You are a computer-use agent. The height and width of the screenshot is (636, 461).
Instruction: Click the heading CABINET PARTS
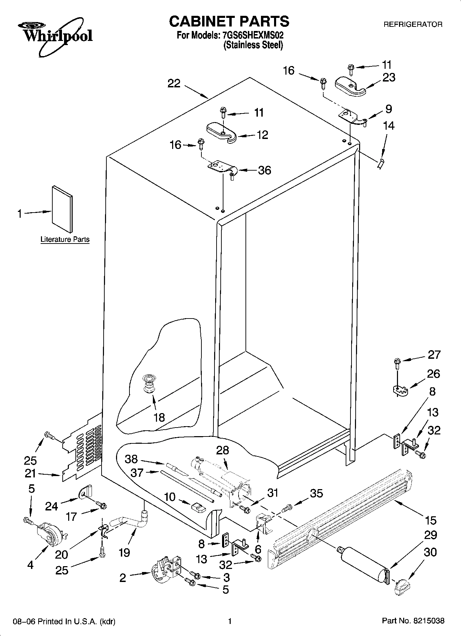229,21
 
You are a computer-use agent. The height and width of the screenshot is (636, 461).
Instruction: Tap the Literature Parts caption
65,239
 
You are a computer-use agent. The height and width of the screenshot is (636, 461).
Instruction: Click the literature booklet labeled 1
62,209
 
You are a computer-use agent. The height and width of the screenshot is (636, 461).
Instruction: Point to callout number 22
174,84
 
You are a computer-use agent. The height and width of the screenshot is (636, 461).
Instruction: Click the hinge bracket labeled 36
221,168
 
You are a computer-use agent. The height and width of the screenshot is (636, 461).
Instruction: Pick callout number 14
388,126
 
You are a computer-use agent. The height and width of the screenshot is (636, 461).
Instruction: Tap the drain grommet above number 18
149,385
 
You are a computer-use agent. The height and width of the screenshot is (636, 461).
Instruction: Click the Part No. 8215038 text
413,621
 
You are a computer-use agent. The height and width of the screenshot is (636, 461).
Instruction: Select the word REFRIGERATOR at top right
413,25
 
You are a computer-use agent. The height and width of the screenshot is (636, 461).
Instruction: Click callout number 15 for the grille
430,520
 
